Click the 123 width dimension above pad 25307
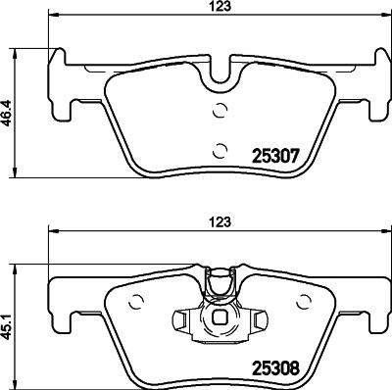point(224,7)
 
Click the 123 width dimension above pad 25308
point(224,222)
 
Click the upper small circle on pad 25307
point(220,110)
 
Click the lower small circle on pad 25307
point(220,150)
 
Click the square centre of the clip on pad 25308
point(222,319)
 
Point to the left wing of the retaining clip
point(182,318)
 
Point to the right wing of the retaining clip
point(261,318)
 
